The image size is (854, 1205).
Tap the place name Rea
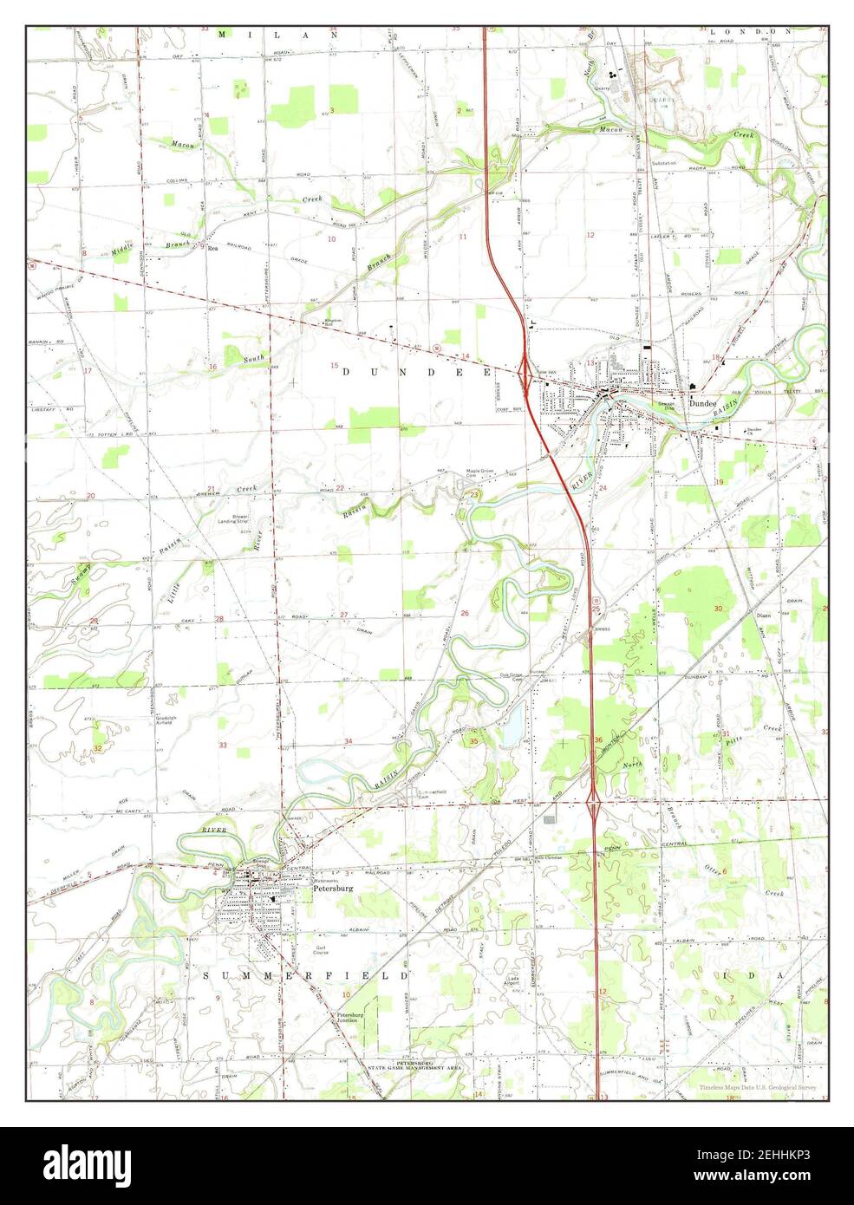pyautogui.click(x=212, y=248)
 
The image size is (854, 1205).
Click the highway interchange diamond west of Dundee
pyautogui.click(x=525, y=371)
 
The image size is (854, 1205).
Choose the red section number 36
pyautogui.click(x=598, y=739)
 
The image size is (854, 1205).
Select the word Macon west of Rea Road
pyautogui.click(x=182, y=144)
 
